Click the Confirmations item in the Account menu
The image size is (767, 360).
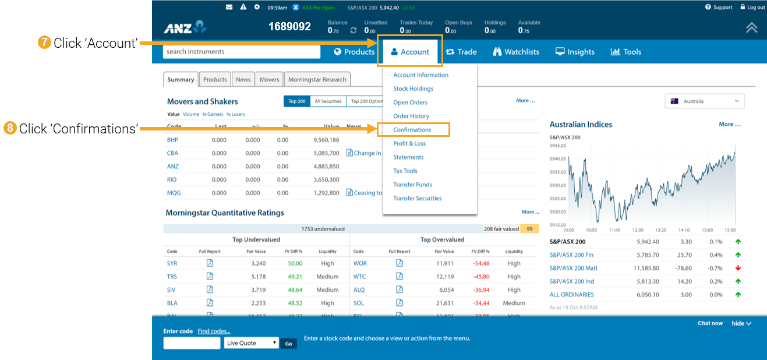(x=412, y=130)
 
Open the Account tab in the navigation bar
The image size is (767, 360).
(x=410, y=52)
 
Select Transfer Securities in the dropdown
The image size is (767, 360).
(x=417, y=198)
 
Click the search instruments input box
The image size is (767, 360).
(x=241, y=52)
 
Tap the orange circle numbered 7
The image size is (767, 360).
(x=43, y=43)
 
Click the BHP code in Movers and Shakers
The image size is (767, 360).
(x=172, y=140)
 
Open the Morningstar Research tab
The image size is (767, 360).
(x=317, y=80)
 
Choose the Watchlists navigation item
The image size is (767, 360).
(x=516, y=52)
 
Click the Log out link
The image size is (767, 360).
(x=752, y=8)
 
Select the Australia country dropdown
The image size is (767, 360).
(x=705, y=101)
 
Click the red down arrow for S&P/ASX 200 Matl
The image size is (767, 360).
(x=738, y=268)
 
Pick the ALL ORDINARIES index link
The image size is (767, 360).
(x=571, y=295)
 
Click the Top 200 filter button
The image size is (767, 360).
(x=297, y=101)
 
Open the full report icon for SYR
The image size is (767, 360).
(x=210, y=263)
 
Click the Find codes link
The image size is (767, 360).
(x=214, y=331)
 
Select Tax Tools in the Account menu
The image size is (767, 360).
(x=405, y=171)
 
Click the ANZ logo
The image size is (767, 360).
(x=185, y=27)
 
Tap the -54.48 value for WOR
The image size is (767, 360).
(x=481, y=263)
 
